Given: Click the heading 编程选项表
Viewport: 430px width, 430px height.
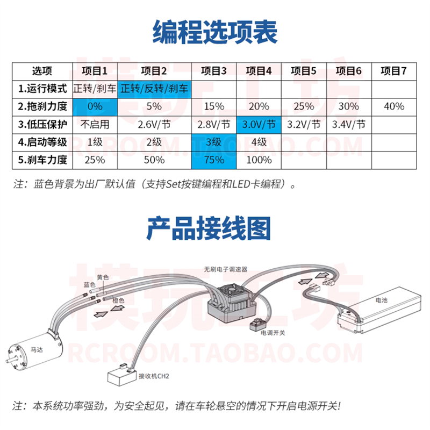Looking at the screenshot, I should [x=215, y=31].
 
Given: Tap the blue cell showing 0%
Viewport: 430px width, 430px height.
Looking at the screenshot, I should [x=94, y=106].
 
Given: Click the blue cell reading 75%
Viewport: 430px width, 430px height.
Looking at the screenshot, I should [x=214, y=160].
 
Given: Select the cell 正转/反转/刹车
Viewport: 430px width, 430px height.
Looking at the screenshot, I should [x=154, y=88].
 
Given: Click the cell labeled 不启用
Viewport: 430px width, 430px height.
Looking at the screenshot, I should [x=94, y=125].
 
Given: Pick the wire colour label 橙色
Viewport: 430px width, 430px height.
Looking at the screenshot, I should [x=117, y=300].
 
